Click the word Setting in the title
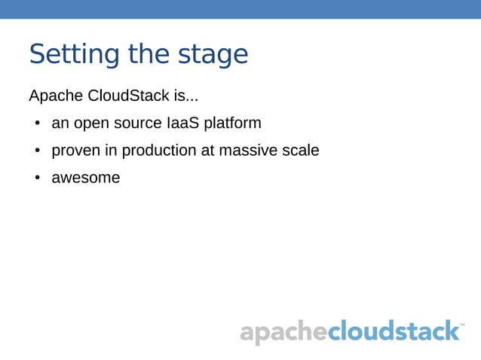75,55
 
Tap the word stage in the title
213,55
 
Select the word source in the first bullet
137,124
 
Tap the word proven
75,151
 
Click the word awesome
85,178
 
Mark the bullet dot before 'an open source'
36,124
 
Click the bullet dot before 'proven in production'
36,151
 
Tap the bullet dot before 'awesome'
36,178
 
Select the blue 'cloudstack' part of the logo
394,331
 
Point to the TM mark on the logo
461,325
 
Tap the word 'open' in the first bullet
91,124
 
